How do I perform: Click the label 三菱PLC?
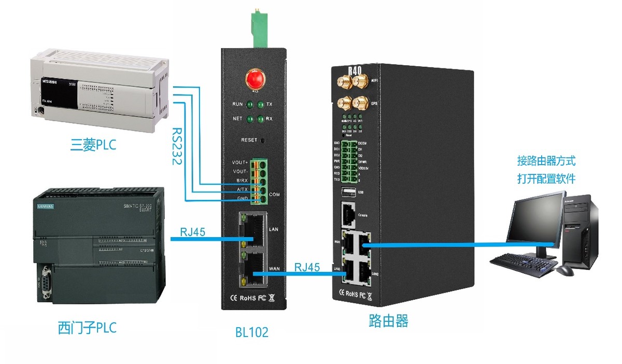point(93,145)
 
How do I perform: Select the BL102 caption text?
point(251,332)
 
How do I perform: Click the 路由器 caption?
point(388,321)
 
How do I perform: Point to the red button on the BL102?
point(254,80)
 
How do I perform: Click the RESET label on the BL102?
point(249,140)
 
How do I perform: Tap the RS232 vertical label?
point(176,146)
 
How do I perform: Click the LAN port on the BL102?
point(254,231)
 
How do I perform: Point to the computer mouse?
point(565,270)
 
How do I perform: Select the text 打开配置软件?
point(546,179)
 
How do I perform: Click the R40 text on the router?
point(355,70)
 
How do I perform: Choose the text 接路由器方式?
point(546,161)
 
